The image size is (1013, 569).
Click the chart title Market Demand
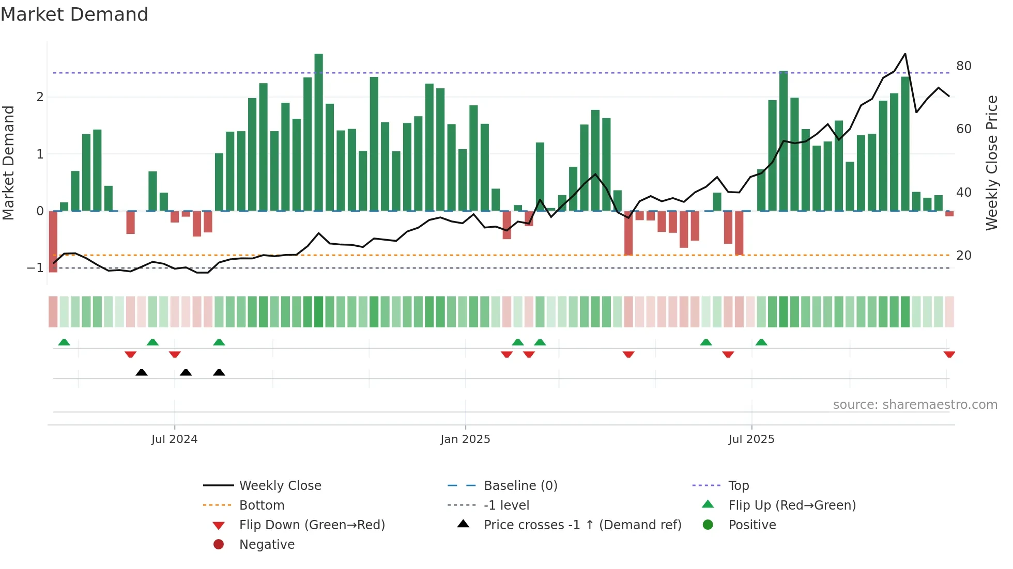tap(74, 14)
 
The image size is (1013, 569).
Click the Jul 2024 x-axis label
tap(174, 439)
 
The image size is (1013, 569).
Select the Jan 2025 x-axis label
tap(465, 439)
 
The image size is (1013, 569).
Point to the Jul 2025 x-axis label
tap(751, 439)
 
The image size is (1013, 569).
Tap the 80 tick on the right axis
tap(963, 66)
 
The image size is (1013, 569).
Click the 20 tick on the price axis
tap(963, 256)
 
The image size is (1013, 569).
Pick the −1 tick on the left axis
tap(35, 268)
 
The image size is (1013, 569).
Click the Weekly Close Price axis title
tap(991, 163)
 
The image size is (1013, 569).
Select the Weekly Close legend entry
tap(280, 486)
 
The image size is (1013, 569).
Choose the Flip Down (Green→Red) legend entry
tap(312, 525)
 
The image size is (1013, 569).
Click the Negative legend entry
tap(267, 545)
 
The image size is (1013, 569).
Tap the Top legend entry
tap(738, 486)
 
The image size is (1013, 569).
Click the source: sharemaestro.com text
tap(915, 405)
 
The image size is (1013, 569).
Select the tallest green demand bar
tap(318, 132)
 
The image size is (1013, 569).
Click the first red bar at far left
tap(53, 242)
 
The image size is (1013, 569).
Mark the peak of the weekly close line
tap(905, 54)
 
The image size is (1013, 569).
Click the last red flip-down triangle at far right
tap(949, 354)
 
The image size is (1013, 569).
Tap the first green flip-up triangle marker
tap(64, 342)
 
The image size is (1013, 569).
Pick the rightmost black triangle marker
tap(219, 372)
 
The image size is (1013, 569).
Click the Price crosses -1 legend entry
tap(582, 525)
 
